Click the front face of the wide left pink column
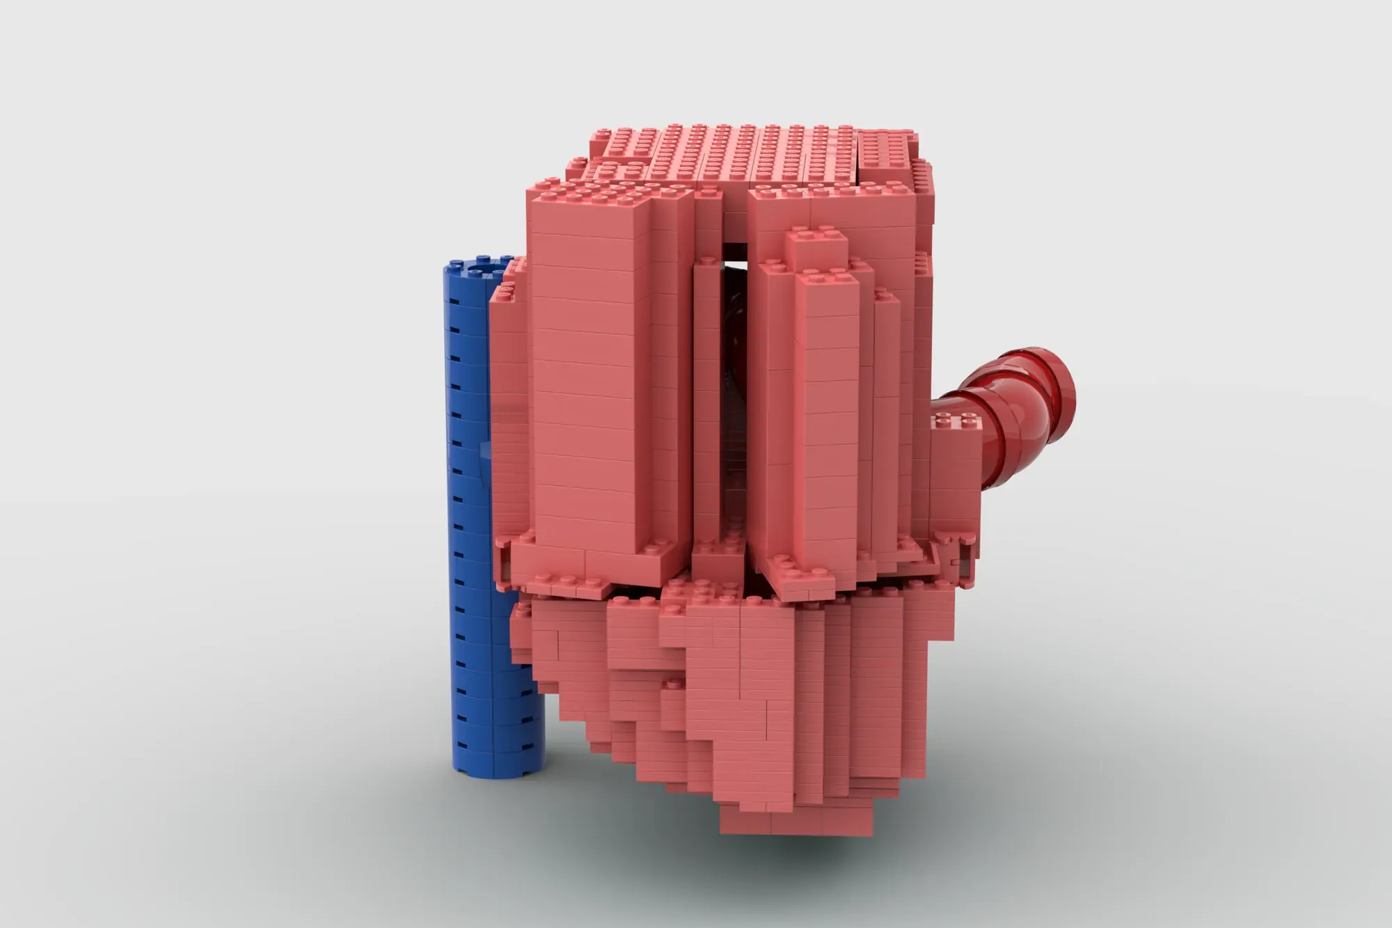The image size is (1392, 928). pos(588,390)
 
